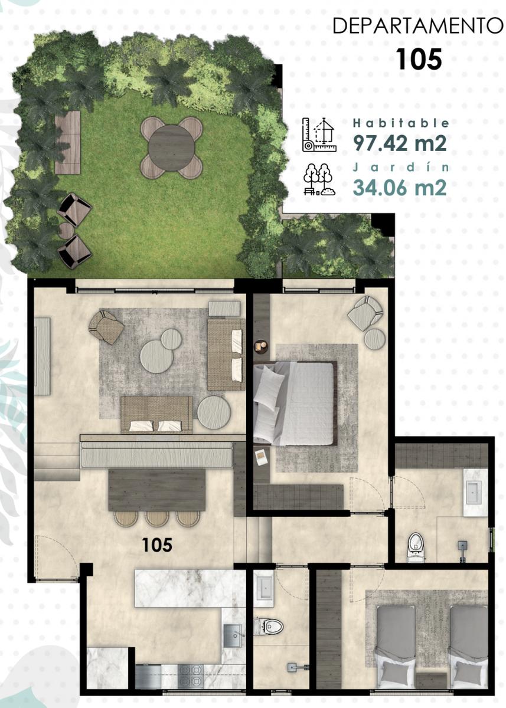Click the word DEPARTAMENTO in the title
417,26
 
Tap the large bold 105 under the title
419,59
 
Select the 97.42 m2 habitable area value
399,143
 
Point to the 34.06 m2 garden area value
399,187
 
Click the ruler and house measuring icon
319,135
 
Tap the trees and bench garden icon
319,179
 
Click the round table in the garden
171,147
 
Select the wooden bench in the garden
68,143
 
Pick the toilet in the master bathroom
414,548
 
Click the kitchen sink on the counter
234,627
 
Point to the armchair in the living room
106,326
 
